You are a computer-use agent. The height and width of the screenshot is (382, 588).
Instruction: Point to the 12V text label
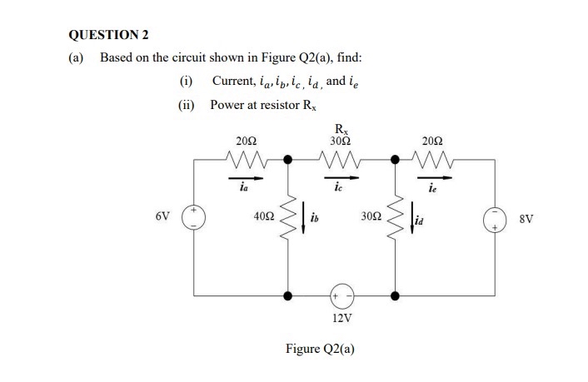341,318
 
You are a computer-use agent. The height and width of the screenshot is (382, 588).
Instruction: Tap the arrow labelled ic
341,176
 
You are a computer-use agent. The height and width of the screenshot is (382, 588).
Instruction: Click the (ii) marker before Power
187,105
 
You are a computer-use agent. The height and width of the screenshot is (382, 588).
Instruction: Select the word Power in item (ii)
228,105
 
